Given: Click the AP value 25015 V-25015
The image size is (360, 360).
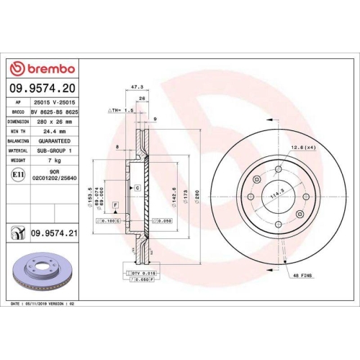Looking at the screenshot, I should (55, 104).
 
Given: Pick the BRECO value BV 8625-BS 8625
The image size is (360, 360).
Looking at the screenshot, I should (55, 113).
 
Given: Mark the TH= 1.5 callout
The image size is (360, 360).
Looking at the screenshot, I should (120, 111).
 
